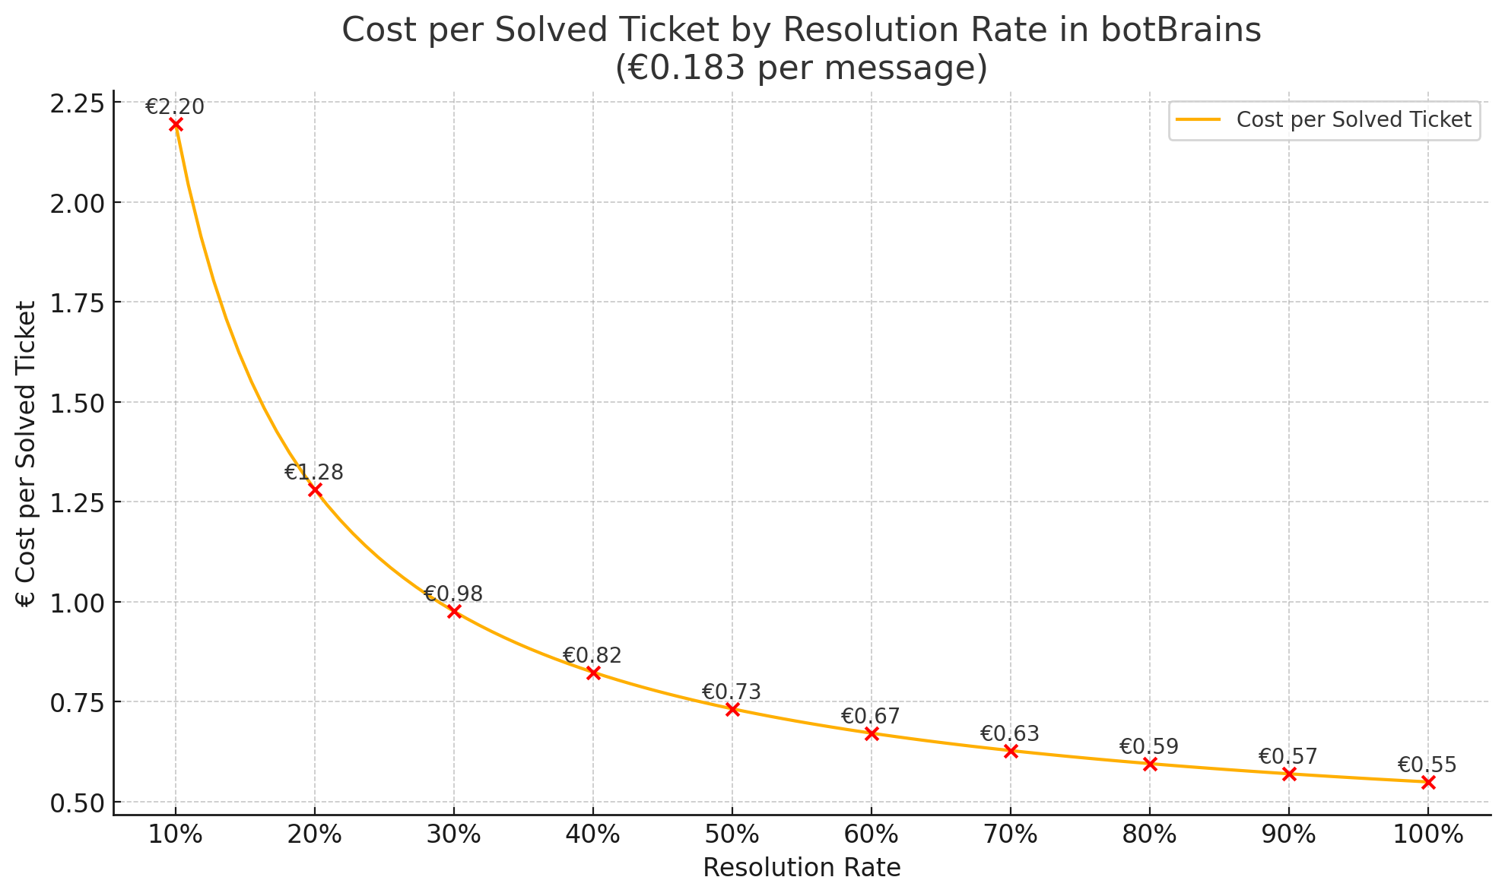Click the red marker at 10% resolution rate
click(x=176, y=125)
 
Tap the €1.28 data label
click(x=314, y=473)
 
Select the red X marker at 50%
click(x=732, y=709)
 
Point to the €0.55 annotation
click(x=1427, y=765)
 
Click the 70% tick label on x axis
click(x=1011, y=834)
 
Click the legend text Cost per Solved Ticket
click(x=1354, y=120)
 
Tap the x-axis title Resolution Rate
click(x=802, y=868)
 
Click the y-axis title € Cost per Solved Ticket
click(x=26, y=454)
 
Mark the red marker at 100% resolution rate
click(x=1428, y=782)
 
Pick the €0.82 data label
click(x=592, y=655)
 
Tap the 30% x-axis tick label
click(x=454, y=834)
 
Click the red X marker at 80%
click(x=1150, y=764)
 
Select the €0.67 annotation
click(x=870, y=716)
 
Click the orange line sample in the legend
click(x=1198, y=120)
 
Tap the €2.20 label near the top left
click(x=175, y=107)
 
